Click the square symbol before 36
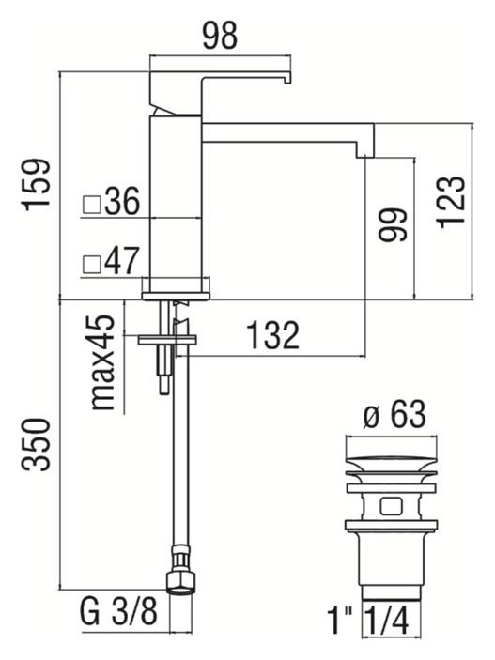(x=91, y=202)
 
